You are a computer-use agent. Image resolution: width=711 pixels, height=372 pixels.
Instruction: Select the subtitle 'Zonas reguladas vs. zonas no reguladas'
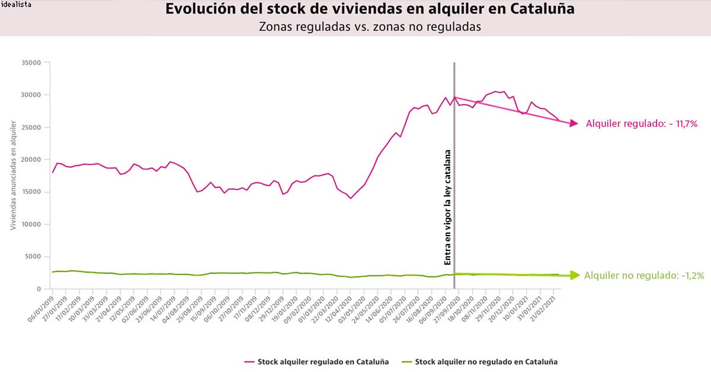point(370,27)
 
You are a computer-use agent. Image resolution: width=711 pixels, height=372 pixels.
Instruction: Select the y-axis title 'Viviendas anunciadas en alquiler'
point(13,175)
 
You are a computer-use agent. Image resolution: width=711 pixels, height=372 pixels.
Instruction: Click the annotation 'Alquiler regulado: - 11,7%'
point(641,124)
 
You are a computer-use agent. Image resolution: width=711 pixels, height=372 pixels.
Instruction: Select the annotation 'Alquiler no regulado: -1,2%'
point(645,275)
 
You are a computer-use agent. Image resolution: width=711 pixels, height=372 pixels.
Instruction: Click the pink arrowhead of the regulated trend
point(573,123)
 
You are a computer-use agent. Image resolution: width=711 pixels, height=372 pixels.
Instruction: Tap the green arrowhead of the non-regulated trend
point(573,275)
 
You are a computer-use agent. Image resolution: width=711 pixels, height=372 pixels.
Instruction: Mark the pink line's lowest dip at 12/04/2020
point(351,198)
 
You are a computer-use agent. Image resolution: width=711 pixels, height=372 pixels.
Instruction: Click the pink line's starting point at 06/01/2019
point(53,172)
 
